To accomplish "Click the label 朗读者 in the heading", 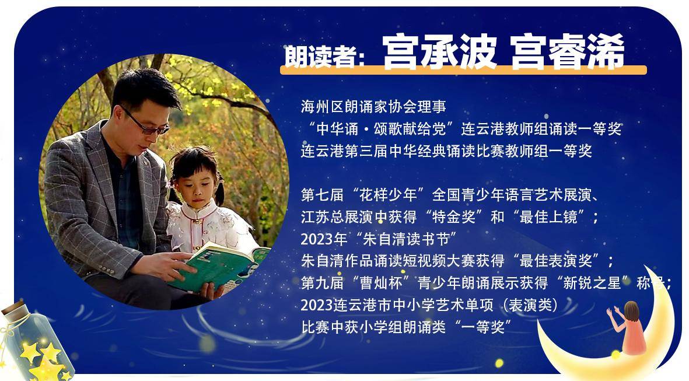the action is click(320, 55).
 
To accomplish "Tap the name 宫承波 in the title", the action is click(439, 52).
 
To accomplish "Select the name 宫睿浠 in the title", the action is click(568, 52).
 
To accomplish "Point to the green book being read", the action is click(218, 266).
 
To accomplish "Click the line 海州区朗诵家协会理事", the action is click(373, 106).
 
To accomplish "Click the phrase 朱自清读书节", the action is click(407, 239).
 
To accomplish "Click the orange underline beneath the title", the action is click(463, 70).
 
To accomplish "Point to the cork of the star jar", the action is click(13, 307).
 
